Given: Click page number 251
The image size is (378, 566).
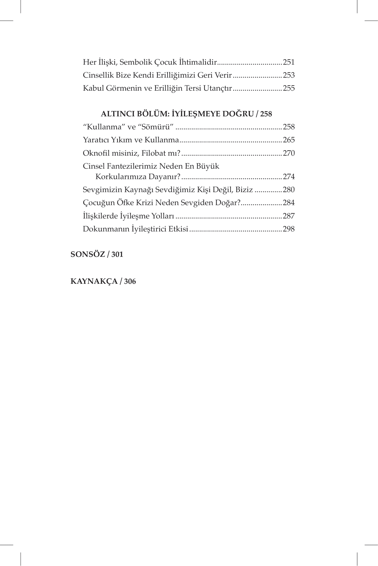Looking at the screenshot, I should (289, 62).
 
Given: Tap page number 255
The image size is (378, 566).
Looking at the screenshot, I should (289, 88).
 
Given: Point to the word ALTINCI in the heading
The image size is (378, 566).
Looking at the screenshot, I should (117, 114).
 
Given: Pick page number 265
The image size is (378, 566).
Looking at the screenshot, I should (289, 140).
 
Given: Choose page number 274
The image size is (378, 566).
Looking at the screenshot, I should (289, 177).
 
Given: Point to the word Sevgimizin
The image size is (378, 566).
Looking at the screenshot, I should (102, 190).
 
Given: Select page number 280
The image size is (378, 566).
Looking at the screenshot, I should (289, 190).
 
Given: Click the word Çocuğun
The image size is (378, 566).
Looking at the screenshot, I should (97, 203).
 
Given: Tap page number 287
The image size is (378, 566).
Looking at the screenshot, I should (289, 216).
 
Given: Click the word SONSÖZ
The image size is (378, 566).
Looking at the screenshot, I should (87, 254).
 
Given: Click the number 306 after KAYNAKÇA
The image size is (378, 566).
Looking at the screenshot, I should (130, 281).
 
